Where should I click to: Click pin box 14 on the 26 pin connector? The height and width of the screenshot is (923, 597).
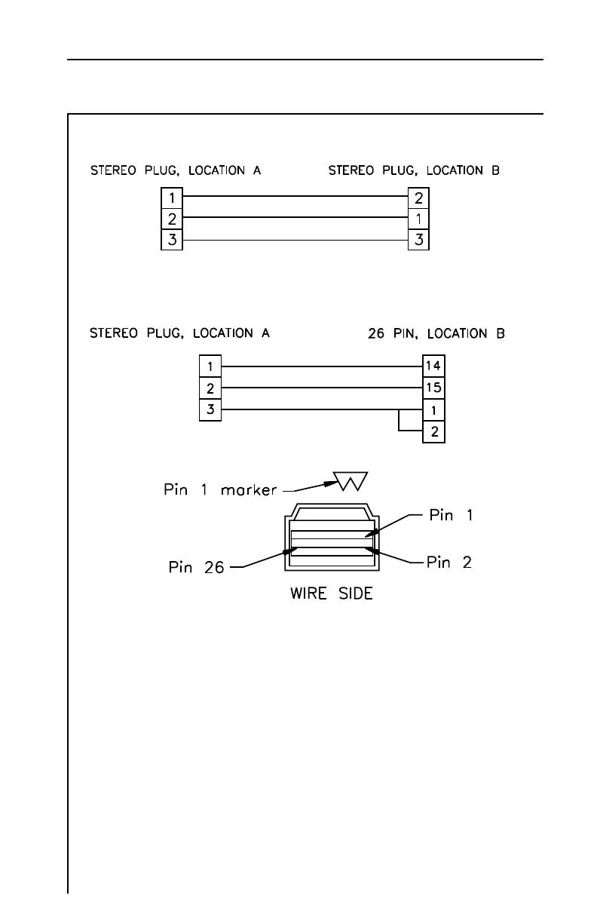tap(434, 366)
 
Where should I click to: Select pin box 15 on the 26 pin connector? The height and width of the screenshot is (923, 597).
tap(434, 388)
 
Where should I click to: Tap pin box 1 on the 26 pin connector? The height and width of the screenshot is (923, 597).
tap(434, 411)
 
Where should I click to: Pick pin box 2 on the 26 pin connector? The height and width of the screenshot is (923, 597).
tap(434, 432)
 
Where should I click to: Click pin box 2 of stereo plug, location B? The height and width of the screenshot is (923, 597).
tap(418, 198)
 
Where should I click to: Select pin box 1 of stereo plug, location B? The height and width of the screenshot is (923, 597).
tap(418, 219)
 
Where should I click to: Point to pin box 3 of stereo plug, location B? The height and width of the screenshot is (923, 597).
tap(418, 241)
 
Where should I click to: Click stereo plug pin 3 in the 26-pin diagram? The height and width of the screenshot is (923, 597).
tap(210, 410)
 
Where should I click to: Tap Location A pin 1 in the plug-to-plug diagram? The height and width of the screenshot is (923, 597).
tap(173, 198)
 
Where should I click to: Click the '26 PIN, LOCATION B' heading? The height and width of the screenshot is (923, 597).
tap(436, 333)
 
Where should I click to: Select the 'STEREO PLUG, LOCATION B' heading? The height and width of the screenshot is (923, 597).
tap(414, 171)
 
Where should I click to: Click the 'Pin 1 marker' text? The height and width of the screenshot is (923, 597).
tap(220, 490)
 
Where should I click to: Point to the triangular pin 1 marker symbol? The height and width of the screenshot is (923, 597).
tap(350, 480)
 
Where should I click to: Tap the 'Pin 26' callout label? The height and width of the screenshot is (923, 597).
tap(196, 567)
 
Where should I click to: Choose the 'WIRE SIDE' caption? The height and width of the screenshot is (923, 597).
tap(332, 593)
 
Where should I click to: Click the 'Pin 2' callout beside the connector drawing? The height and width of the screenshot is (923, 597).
tap(449, 563)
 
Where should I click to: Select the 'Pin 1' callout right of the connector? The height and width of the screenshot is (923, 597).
tap(452, 516)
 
